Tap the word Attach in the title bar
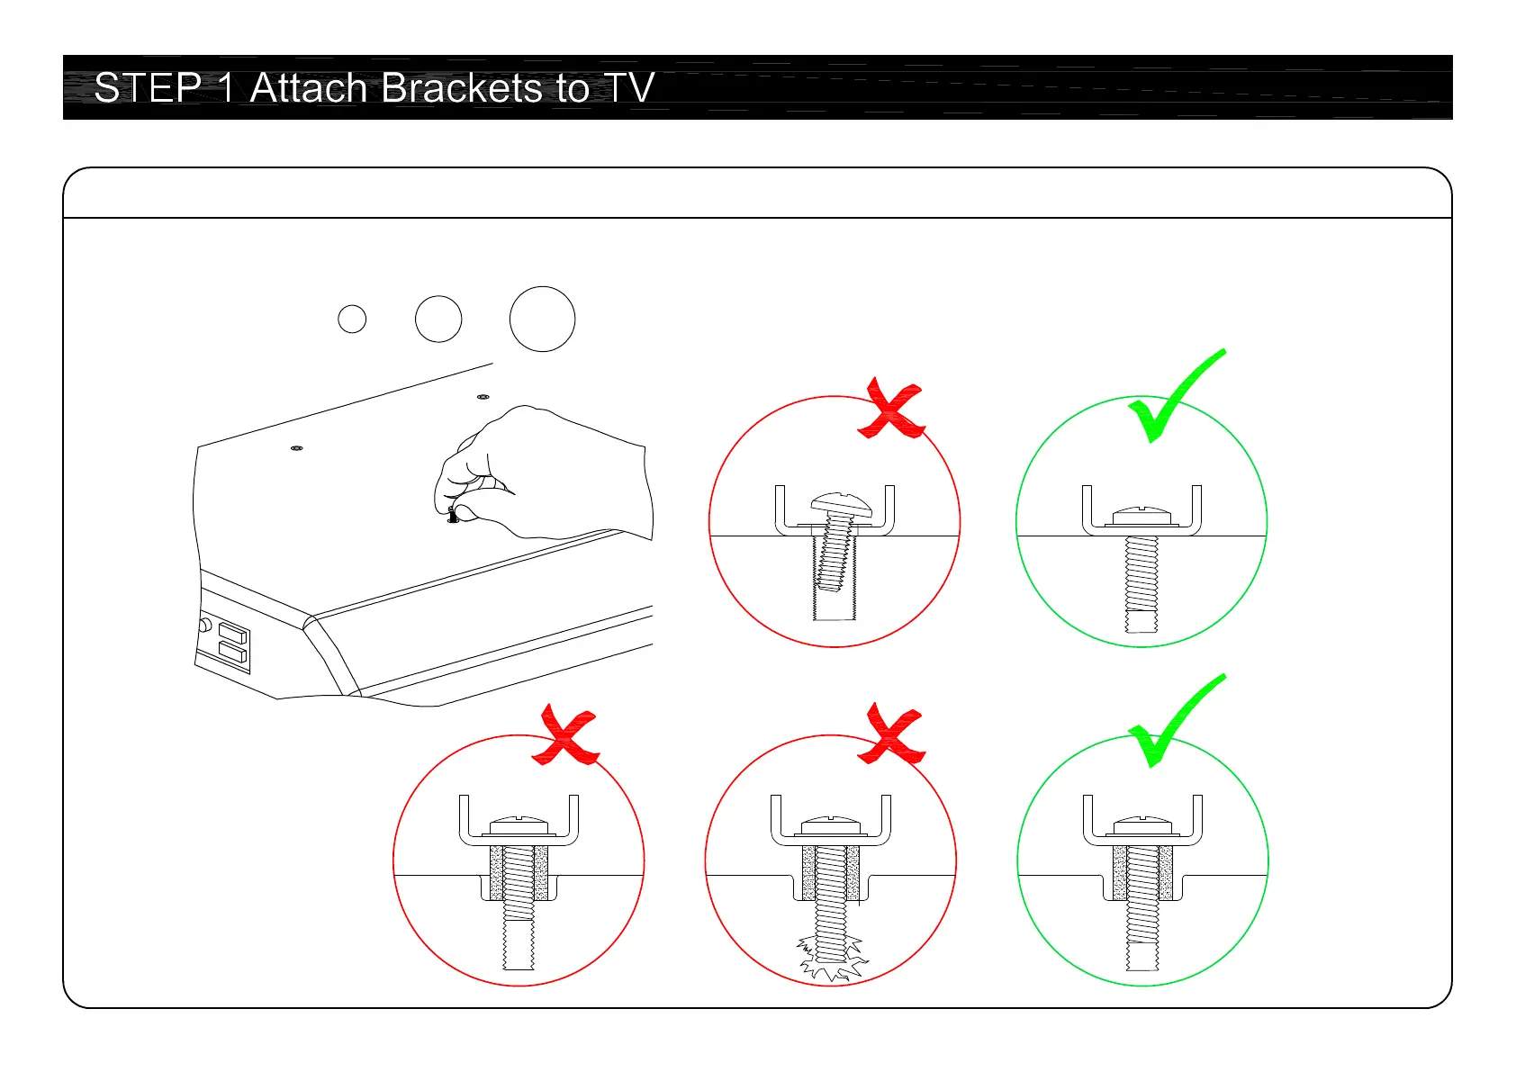click(307, 88)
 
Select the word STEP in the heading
click(147, 88)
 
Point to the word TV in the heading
click(628, 88)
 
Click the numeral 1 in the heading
click(226, 88)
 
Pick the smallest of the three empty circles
click(352, 319)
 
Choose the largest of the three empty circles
click(542, 319)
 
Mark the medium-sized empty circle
click(438, 319)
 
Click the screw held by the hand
click(453, 515)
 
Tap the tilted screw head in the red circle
click(842, 504)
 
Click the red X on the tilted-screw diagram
click(890, 410)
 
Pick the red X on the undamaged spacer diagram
click(565, 736)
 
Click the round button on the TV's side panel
click(205, 625)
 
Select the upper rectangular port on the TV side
click(232, 632)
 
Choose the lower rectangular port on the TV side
click(232, 653)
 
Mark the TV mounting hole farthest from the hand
click(297, 447)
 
